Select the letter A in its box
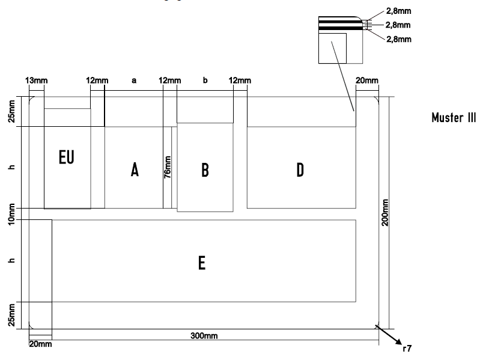pos(135,170)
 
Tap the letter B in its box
pos(204,170)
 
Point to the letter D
pos(300,170)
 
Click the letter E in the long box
pos(202,263)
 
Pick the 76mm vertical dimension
pos(168,167)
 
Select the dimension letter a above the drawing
pos(133,80)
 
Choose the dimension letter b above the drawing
pos(205,80)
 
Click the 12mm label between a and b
pos(169,80)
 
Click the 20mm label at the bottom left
pos(40,343)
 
